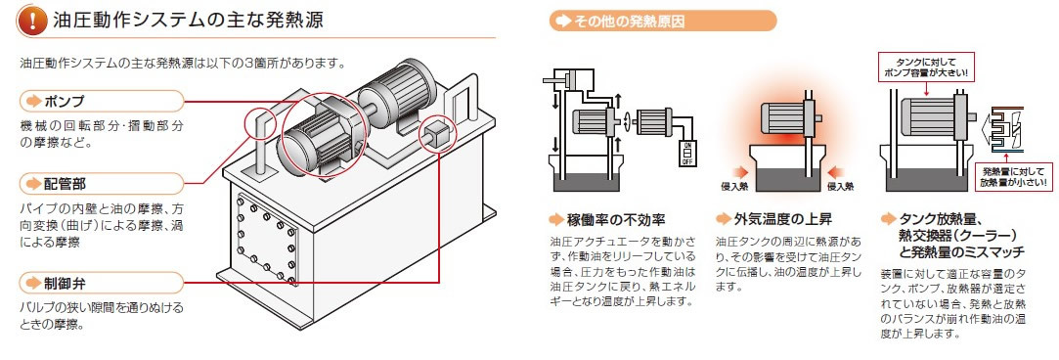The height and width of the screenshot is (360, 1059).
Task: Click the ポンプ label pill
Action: point(102,102)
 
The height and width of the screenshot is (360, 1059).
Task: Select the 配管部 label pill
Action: point(102,184)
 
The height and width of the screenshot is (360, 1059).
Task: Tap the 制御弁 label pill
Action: point(102,283)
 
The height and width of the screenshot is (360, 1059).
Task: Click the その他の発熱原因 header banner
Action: point(663,21)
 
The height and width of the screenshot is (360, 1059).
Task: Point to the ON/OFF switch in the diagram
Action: point(687,154)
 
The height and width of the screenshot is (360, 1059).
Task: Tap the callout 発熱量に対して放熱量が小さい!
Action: point(1013,176)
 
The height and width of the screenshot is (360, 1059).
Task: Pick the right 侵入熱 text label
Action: point(840,186)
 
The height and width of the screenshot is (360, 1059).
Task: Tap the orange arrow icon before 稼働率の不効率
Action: point(555,219)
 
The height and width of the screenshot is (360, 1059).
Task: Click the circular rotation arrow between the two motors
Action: point(627,122)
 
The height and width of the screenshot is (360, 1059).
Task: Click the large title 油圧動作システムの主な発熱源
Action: point(189,21)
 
